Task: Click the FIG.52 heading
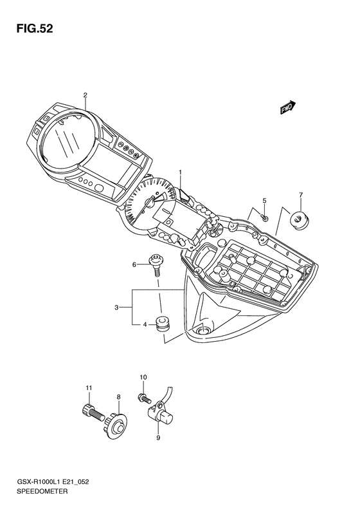34,29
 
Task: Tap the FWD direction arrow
288,107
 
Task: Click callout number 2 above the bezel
85,95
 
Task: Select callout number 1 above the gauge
181,172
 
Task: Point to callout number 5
264,201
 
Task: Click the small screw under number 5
265,219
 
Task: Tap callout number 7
301,195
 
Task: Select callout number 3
117,307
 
